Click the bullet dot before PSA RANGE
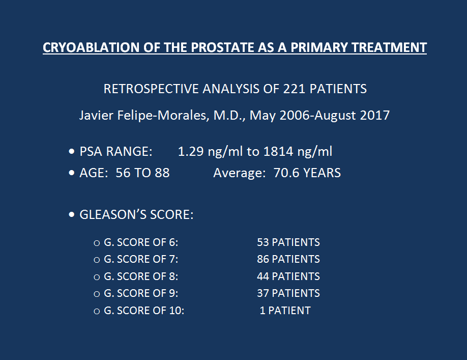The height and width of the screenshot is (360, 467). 72,151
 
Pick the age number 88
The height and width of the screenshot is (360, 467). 162,173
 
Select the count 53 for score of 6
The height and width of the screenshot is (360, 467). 263,242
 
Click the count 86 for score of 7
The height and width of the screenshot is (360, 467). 263,259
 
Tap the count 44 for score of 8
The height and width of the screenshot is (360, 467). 263,276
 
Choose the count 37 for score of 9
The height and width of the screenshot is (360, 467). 263,293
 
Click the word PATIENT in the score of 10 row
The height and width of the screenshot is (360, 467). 289,311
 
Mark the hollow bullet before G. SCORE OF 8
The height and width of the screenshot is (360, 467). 97,278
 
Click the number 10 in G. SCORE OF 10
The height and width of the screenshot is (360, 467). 176,311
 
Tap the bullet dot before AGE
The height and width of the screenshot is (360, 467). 72,173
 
